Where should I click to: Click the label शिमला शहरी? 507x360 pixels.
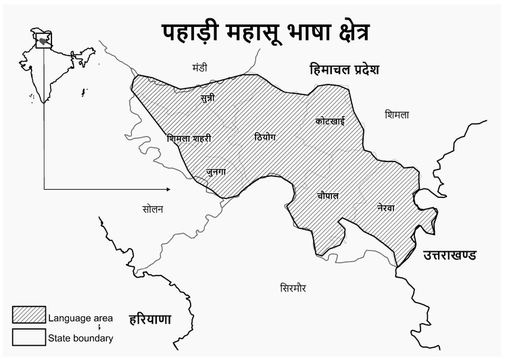189,138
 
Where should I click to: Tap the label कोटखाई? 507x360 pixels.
330,122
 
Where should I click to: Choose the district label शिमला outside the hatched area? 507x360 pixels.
397,115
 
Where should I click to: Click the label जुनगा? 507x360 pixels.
216,172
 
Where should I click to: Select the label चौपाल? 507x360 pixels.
327,196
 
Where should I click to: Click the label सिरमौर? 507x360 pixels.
293,288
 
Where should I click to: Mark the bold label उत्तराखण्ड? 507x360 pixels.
450,255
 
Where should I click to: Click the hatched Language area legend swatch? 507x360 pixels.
28,315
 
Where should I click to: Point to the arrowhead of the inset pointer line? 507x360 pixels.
167,188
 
